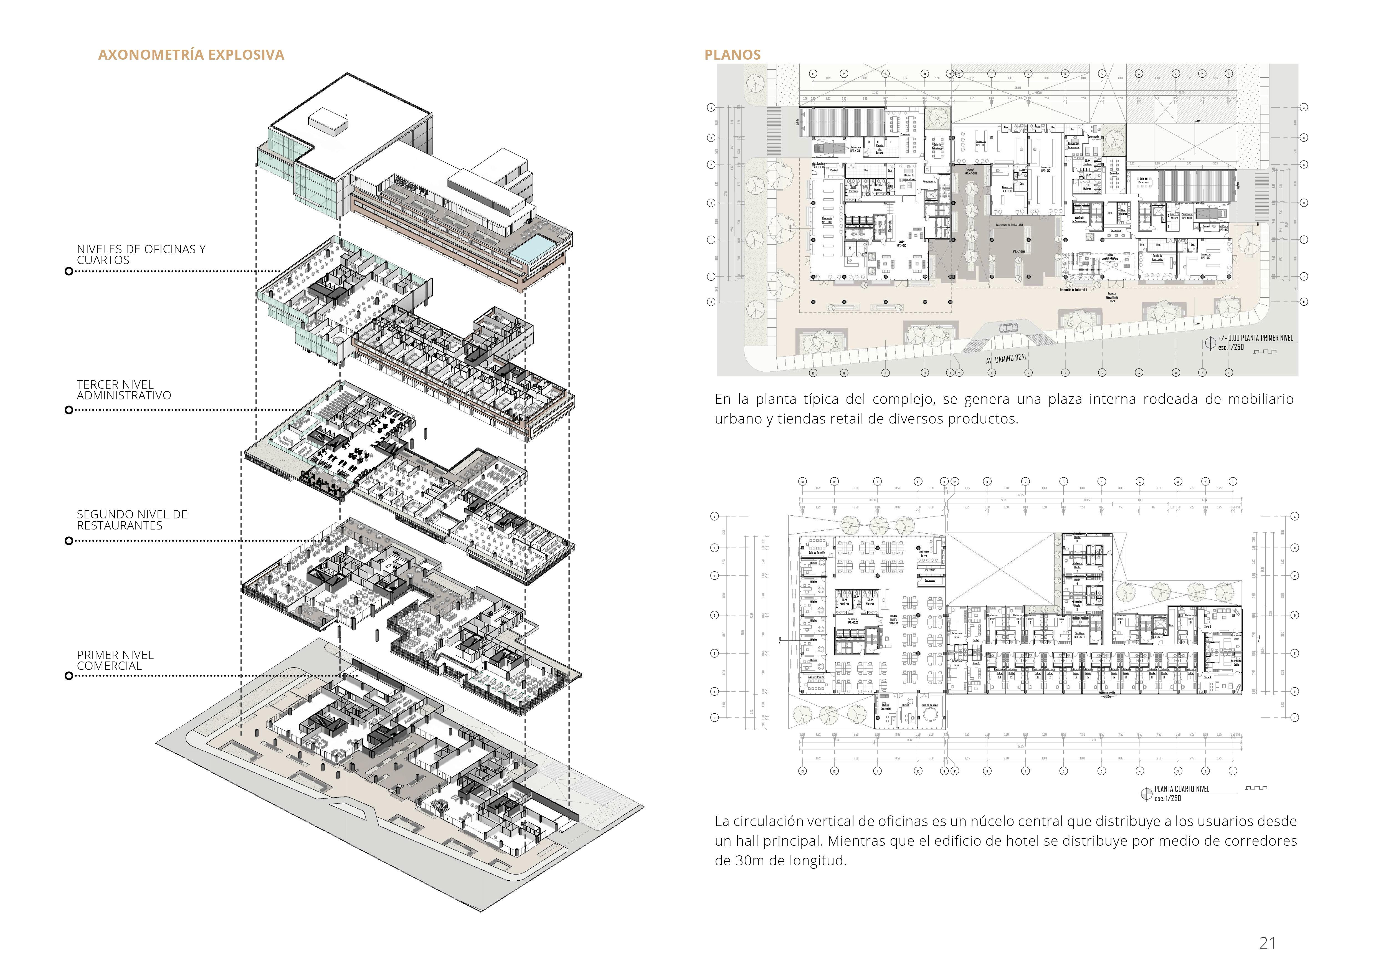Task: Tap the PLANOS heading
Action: click(732, 55)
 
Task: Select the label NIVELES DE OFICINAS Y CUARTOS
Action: click(141, 255)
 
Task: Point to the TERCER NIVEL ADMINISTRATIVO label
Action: click(123, 390)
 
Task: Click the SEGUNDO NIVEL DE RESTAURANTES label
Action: click(132, 520)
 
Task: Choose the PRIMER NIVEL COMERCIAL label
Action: click(115, 660)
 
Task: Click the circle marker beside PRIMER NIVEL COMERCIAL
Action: click(69, 676)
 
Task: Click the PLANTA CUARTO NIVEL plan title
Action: click(1190, 789)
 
